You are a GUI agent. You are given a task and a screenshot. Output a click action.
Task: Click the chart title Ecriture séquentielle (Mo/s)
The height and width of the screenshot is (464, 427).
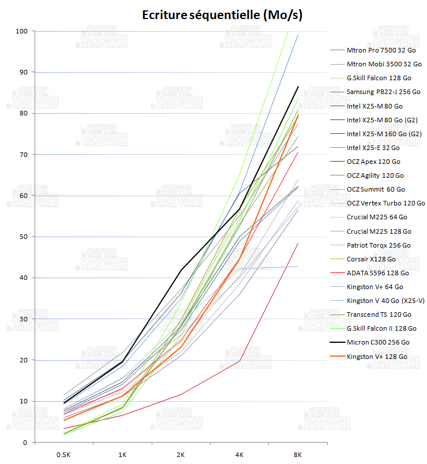point(222,16)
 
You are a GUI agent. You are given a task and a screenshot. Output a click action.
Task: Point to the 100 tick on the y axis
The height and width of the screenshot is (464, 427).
point(21,31)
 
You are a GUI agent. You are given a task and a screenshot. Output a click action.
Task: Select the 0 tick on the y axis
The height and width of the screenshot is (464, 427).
point(25,442)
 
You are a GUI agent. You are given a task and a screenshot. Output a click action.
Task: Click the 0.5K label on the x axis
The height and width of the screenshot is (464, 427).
point(63,455)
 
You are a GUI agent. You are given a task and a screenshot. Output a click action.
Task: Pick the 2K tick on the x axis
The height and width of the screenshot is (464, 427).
point(181,455)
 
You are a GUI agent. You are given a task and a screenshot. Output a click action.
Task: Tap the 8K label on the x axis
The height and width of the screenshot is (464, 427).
point(298,455)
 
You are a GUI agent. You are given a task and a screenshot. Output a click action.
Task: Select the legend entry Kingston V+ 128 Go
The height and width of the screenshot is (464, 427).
point(377,357)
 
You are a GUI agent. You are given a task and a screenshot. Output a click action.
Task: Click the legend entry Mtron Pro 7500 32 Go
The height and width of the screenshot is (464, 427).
point(381,50)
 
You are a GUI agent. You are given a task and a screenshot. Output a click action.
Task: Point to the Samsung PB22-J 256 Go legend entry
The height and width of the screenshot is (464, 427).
point(383,92)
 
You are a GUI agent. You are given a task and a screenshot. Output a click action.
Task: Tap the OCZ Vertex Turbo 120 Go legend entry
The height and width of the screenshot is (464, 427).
point(385,203)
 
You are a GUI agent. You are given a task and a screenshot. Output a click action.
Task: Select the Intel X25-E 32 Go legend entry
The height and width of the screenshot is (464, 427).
point(373,148)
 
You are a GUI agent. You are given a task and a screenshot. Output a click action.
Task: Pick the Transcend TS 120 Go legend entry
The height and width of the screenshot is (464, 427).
point(379,315)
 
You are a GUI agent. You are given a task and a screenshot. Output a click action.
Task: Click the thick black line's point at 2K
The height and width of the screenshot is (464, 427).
point(181,270)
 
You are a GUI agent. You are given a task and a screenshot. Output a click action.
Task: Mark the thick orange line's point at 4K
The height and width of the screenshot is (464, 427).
point(239,259)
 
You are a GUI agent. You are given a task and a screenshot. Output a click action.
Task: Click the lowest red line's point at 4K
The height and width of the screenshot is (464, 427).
point(239,361)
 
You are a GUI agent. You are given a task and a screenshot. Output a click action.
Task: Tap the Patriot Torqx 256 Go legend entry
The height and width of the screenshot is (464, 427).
point(379,245)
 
